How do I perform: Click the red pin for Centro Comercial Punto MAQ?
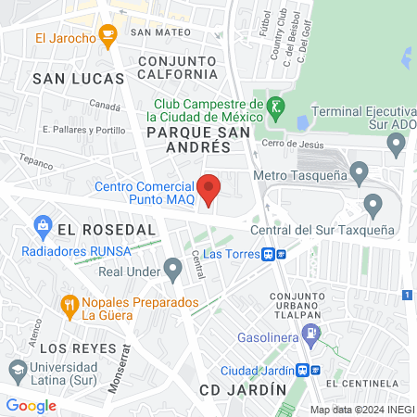[209, 188]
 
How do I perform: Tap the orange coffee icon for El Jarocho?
[108, 38]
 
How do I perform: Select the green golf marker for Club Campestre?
[274, 107]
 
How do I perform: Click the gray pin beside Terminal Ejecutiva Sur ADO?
[397, 144]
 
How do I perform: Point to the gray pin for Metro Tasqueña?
[360, 172]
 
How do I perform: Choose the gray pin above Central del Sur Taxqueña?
[374, 205]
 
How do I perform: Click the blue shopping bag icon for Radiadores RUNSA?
[42, 224]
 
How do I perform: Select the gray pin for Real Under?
[172, 270]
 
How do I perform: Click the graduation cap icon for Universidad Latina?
[16, 371]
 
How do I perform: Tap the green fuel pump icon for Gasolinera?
[314, 331]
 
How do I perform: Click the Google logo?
[32, 405]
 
